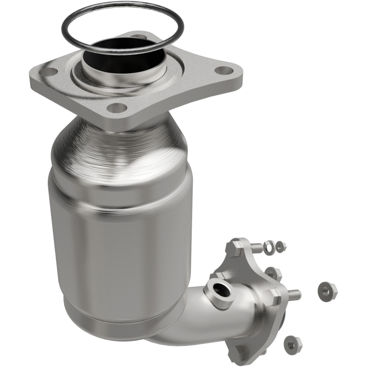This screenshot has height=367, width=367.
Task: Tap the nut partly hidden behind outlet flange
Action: (272, 274)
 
